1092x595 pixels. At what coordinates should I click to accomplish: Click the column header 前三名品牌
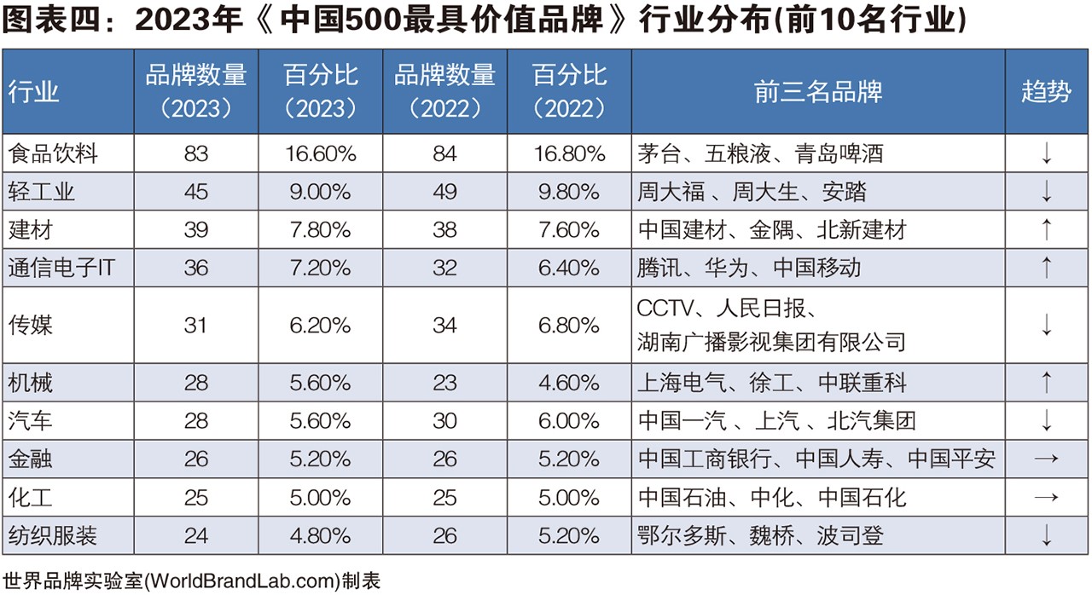817,92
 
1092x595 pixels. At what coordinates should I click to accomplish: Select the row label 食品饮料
53,153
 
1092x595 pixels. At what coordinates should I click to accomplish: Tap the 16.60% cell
321,153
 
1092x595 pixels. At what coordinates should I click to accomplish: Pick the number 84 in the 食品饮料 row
444,153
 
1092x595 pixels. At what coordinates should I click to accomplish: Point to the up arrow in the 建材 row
1046,229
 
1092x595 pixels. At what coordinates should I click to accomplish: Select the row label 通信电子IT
61,268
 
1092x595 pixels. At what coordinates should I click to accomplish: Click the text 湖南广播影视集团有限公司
771,343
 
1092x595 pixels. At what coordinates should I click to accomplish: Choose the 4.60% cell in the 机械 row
569,383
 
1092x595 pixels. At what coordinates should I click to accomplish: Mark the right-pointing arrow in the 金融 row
1046,459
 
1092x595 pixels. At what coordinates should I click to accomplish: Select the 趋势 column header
1046,92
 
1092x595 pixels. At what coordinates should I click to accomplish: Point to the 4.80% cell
321,535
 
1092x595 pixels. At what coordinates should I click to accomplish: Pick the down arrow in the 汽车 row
1046,421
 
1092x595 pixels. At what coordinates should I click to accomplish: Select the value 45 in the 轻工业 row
196,192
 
